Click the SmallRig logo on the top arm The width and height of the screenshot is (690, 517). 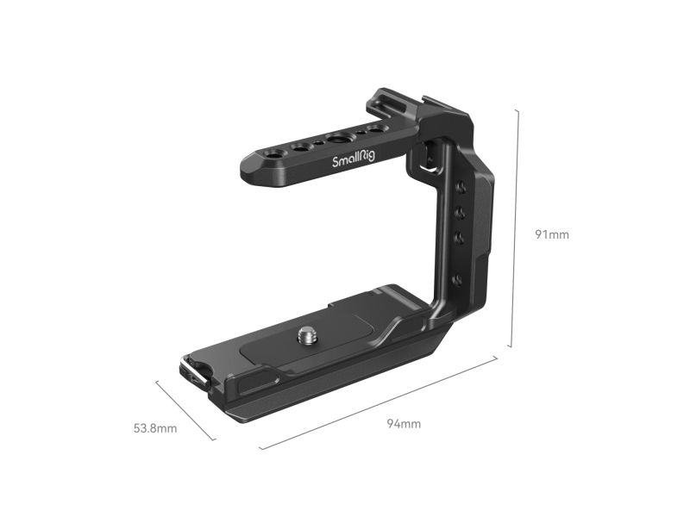tap(354, 158)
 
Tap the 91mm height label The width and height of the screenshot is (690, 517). tap(552, 234)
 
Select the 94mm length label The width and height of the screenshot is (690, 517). tap(404, 424)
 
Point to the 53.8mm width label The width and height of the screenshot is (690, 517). tap(155, 428)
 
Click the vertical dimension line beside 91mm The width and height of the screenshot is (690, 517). tap(514, 227)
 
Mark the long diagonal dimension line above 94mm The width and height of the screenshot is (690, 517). tap(379, 403)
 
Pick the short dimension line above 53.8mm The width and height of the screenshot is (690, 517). tap(185, 410)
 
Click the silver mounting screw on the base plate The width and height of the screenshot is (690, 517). tap(304, 336)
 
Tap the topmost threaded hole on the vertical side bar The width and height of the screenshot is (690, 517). tap(461, 188)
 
